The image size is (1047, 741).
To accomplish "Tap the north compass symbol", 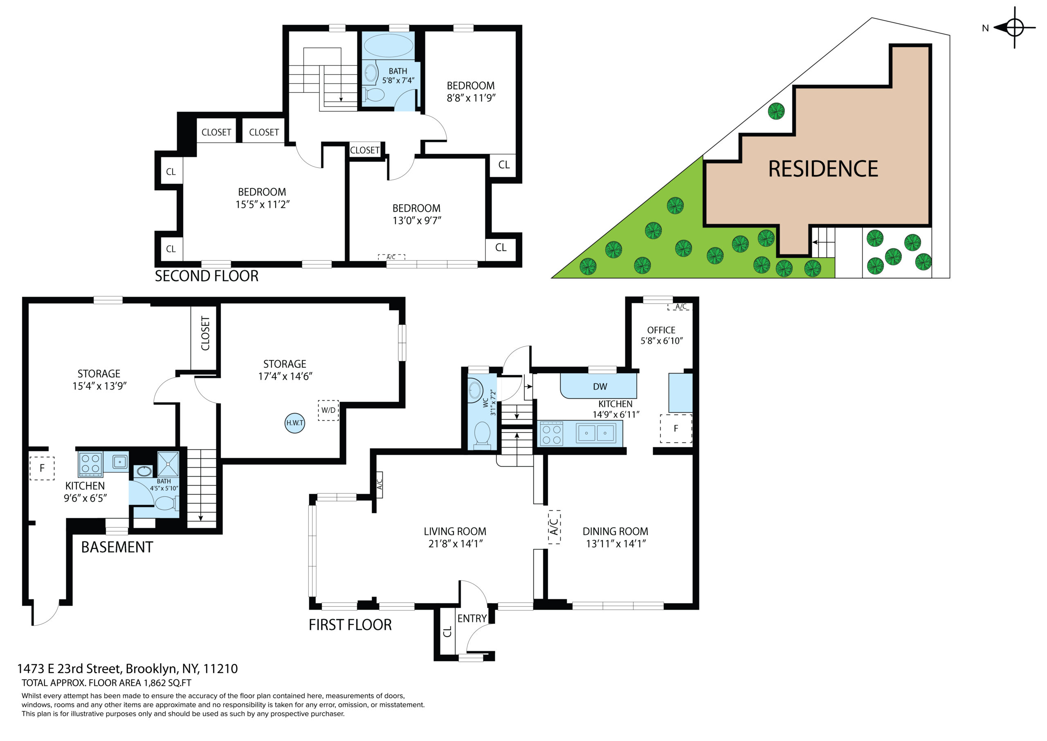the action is coord(1014,27).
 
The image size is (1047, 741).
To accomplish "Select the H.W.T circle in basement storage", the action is coord(294,423).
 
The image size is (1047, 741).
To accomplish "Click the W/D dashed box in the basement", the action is coord(328,410).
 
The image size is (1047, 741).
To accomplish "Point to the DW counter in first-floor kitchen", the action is coord(599,386).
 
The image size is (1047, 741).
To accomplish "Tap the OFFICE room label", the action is coord(661,330).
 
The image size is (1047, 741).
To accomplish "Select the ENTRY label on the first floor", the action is coord(472,618).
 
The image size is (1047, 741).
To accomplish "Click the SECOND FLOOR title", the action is coord(207,276).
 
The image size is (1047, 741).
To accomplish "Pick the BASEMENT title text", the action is coord(117,547).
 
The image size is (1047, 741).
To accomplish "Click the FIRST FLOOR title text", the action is coord(350,625).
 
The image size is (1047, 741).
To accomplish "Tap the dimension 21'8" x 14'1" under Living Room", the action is coord(456,543).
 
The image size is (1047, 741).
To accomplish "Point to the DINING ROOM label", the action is coord(615,531).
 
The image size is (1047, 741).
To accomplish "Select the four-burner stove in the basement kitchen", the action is coord(90,464).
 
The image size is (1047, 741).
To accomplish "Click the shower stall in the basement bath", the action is coord(168,464).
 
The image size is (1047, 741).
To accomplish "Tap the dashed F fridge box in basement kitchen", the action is coord(42,468).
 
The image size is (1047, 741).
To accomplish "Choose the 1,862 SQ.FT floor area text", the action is coord(167,683).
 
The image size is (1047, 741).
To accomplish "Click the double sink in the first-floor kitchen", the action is coord(595,432).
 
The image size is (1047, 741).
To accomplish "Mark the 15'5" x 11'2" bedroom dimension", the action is coord(263,205).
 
